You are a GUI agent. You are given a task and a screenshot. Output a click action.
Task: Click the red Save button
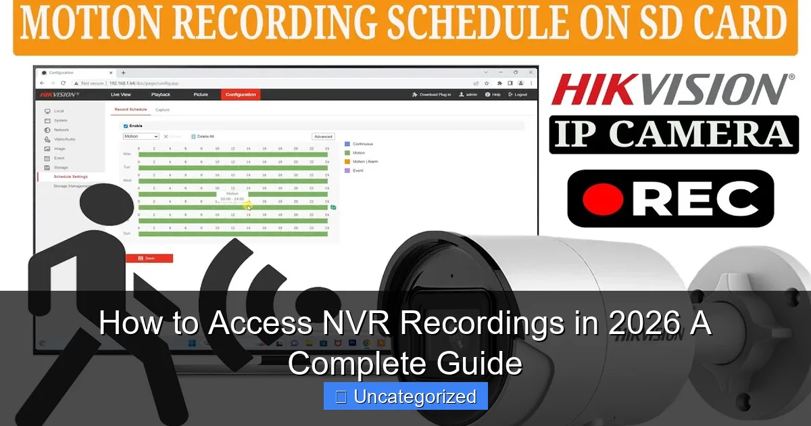pyautogui.click(x=149, y=258)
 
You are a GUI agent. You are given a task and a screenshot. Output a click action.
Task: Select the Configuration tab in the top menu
pyautogui.click(x=241, y=95)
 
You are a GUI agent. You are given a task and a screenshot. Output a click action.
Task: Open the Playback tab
pyautogui.click(x=161, y=95)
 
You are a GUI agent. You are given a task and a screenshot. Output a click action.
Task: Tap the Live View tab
pyautogui.click(x=121, y=95)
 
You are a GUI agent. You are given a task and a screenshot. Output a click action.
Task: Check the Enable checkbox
pyautogui.click(x=126, y=126)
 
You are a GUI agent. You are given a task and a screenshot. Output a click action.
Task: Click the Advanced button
pyautogui.click(x=323, y=137)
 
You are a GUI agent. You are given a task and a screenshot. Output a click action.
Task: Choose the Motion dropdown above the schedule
pyautogui.click(x=141, y=137)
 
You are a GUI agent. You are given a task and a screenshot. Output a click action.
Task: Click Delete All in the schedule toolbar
pyautogui.click(x=203, y=137)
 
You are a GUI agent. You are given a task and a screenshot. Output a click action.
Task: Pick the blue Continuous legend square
pyautogui.click(x=347, y=144)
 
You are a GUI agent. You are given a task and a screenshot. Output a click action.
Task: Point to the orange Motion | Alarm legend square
pyautogui.click(x=347, y=162)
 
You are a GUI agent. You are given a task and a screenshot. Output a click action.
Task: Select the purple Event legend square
pyautogui.click(x=347, y=170)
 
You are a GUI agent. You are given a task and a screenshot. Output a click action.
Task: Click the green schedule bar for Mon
pyautogui.click(x=232, y=154)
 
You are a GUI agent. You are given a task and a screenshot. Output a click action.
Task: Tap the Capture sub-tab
pyautogui.click(x=162, y=110)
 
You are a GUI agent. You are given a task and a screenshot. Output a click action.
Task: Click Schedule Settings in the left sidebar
pyautogui.click(x=70, y=176)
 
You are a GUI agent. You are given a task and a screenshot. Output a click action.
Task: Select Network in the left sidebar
pyautogui.click(x=62, y=130)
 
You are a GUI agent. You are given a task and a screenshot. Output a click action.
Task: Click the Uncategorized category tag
pyautogui.click(x=405, y=396)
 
